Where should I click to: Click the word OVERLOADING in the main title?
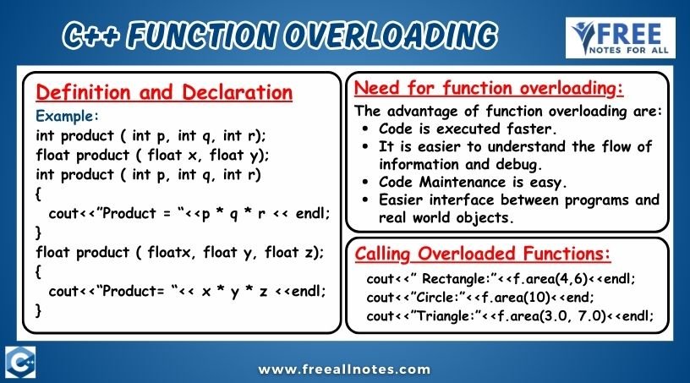click(392, 36)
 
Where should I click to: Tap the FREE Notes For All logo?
click(621, 38)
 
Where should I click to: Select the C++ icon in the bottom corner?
click(20, 362)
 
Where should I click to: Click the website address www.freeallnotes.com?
click(344, 369)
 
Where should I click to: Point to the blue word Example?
click(68, 116)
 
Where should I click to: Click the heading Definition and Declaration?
click(164, 92)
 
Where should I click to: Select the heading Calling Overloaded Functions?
click(483, 254)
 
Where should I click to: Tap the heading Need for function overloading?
click(489, 88)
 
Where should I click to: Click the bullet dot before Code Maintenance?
click(364, 182)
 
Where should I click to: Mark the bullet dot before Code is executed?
click(364, 129)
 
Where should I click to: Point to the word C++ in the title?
click(91, 36)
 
